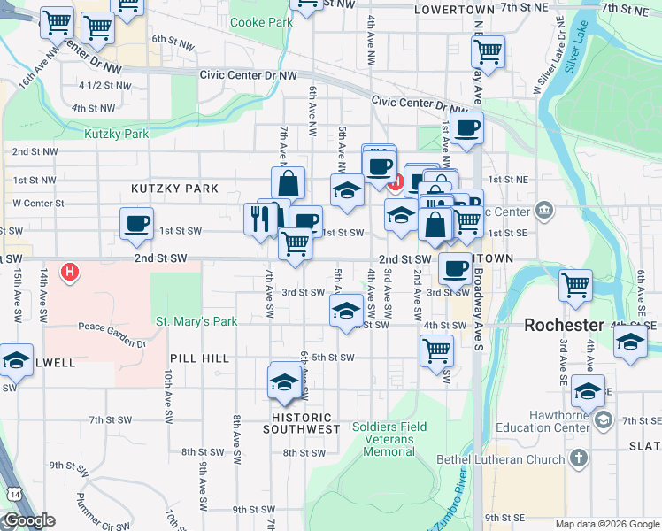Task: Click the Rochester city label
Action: coord(565,325)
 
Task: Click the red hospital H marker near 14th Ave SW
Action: coord(69,271)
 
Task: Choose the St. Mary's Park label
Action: coord(196,321)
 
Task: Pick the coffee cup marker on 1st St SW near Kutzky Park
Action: coord(136,224)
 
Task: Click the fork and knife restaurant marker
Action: coord(259,218)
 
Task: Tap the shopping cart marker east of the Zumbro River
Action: coord(575,285)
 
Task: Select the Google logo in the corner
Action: coord(28,520)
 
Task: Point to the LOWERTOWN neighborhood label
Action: coord(451,8)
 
